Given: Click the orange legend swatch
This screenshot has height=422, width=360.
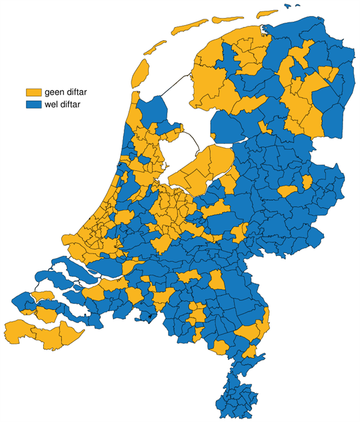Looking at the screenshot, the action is click(x=34, y=92).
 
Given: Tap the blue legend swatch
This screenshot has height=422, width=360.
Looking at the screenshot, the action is click(x=34, y=104).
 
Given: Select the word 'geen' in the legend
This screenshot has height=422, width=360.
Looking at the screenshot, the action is click(x=54, y=92).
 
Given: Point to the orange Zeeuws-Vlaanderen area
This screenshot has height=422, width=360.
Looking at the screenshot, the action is click(x=36, y=330).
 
